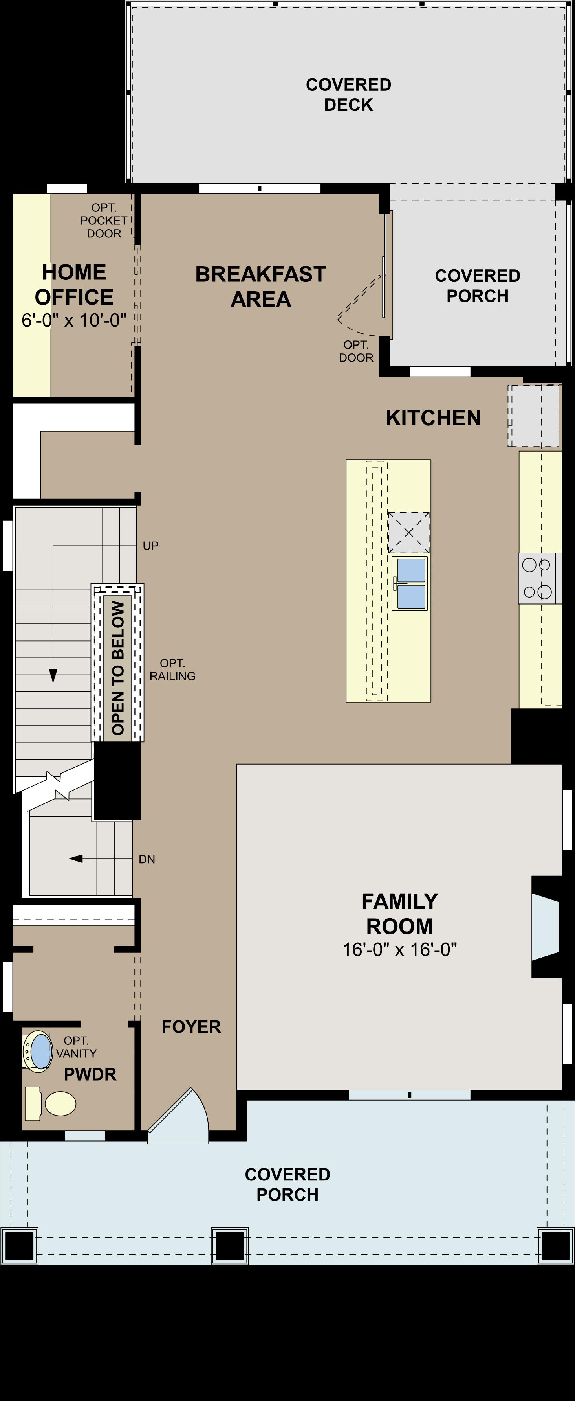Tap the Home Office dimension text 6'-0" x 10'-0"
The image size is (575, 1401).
74,320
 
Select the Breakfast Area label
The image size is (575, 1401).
260,287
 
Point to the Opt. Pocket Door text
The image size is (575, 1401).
103,220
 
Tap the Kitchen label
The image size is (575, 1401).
433,418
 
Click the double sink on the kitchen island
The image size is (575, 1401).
410,583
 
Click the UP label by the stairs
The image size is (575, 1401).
150,546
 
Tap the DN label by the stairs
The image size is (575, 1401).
147,859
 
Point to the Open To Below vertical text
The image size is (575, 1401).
118,668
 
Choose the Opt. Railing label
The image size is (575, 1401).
172,669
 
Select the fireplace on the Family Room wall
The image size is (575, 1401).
545,927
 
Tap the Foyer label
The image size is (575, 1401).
191,1027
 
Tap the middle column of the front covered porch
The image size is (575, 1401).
229,1245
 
